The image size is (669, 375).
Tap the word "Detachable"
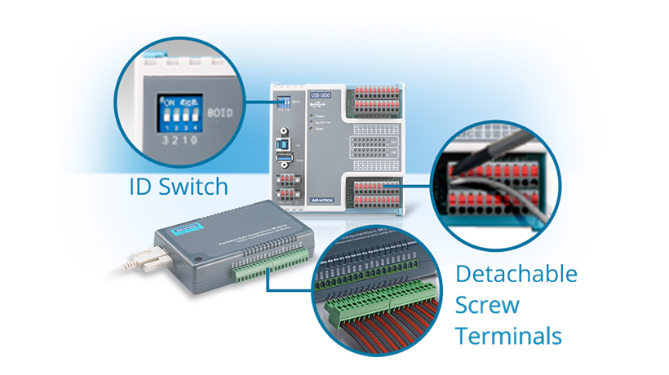[516, 274]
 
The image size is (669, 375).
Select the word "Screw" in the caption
[488, 305]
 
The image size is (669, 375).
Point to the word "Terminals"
[509, 335]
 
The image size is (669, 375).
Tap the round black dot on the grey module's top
[197, 260]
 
